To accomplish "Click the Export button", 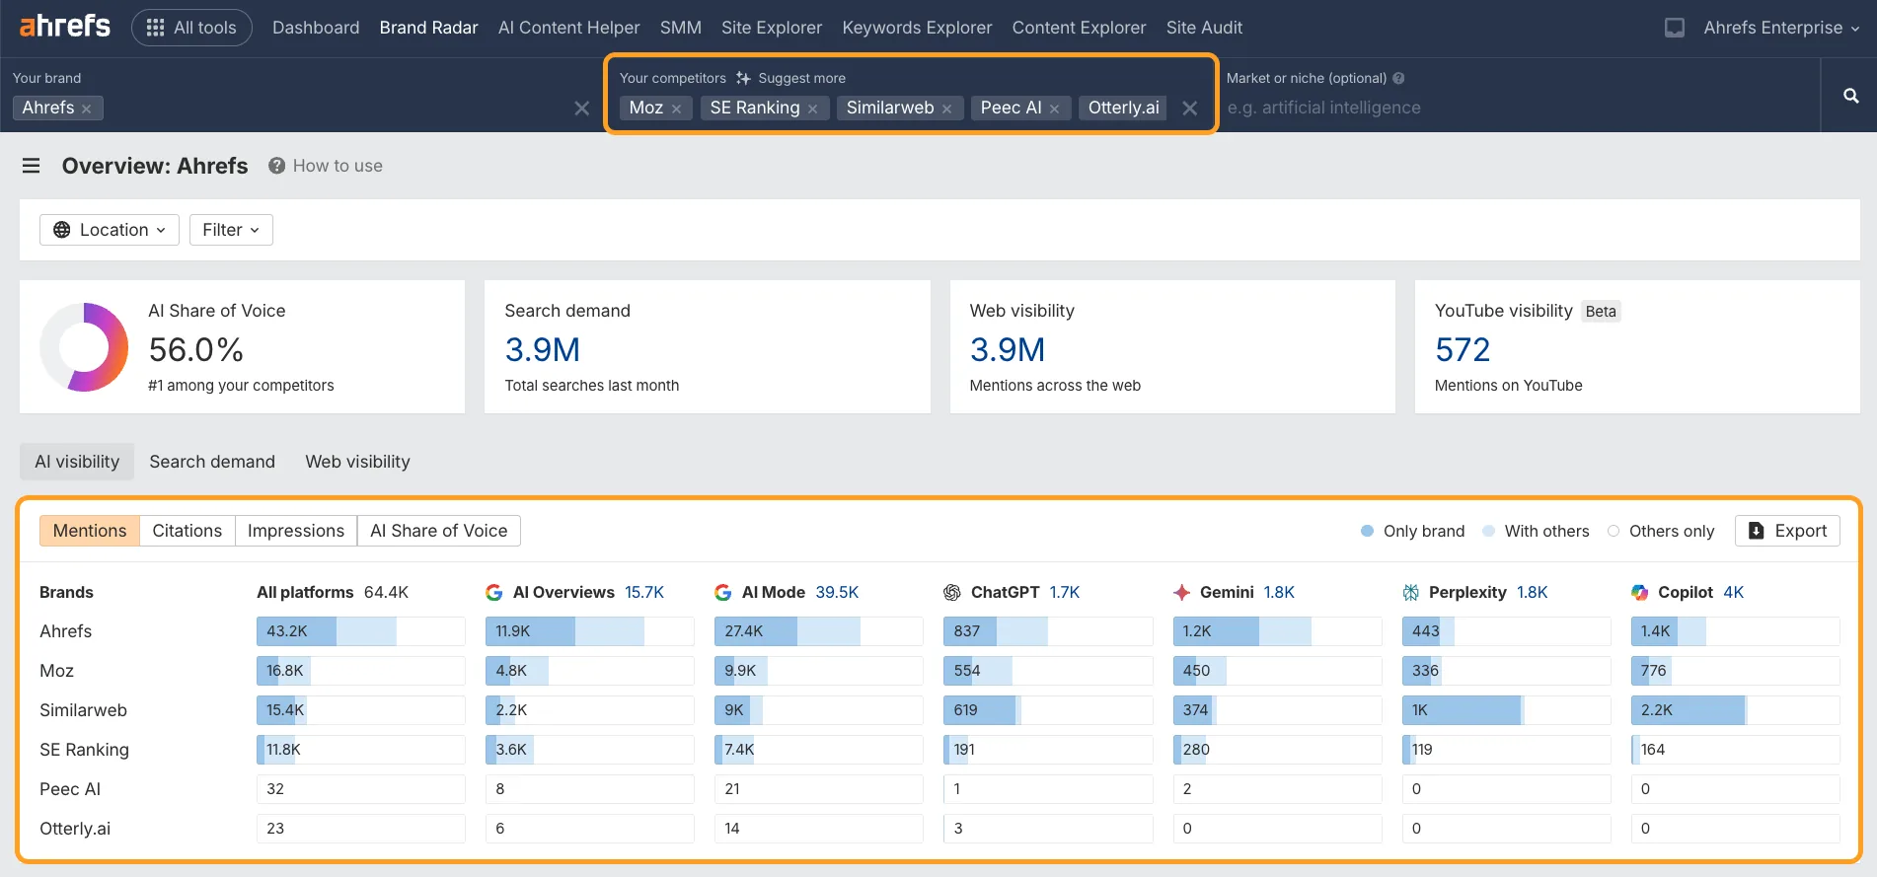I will tap(1787, 531).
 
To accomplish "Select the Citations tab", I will tap(187, 531).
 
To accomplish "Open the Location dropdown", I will tap(110, 230).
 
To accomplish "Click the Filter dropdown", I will tap(231, 230).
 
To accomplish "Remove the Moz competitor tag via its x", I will tap(676, 110).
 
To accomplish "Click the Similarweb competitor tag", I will tap(889, 108).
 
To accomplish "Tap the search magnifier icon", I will tap(1850, 96).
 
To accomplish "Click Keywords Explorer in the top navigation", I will tap(917, 28).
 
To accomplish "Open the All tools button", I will tap(191, 28).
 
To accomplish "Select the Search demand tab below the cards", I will tap(212, 462).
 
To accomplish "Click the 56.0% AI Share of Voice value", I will tap(195, 350).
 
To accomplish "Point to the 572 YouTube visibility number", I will tap(1462, 350).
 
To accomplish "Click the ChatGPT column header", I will tap(1004, 592).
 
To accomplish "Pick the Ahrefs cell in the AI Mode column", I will tap(818, 631).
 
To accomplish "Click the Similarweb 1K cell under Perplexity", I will tap(1505, 710).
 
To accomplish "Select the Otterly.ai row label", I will tap(75, 829).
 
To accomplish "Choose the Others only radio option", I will tap(1614, 531).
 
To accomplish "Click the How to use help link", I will tap(326, 166).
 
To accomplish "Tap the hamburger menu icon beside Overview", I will tap(32, 166).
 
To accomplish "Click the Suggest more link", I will tap(790, 78).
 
